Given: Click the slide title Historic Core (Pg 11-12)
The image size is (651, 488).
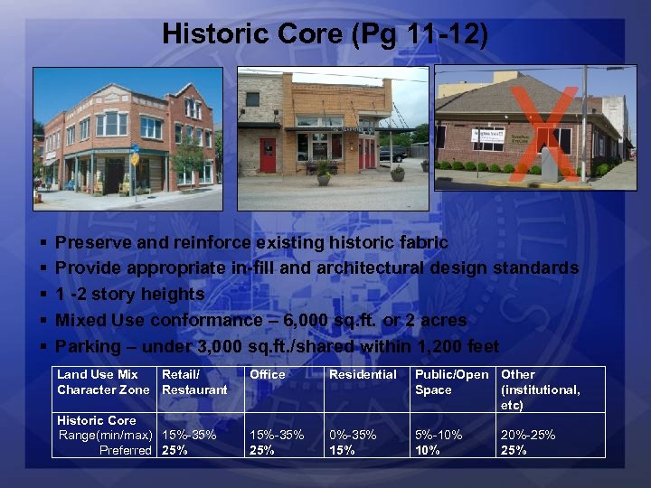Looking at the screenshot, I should pyautogui.click(x=325, y=34).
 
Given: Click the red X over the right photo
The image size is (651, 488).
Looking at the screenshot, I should pyautogui.click(x=543, y=132).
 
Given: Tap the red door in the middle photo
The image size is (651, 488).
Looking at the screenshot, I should pyautogui.click(x=268, y=155).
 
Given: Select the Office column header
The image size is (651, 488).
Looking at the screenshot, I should pyautogui.click(x=268, y=374).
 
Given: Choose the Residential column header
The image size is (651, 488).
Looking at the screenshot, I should pyautogui.click(x=363, y=374).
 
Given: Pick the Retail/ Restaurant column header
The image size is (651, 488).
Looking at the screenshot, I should pyautogui.click(x=194, y=382).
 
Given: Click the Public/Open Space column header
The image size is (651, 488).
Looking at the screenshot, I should pyautogui.click(x=451, y=382).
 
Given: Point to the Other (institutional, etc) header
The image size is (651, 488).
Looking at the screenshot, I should pyautogui.click(x=541, y=389).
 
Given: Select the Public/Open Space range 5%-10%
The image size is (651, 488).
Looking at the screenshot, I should pyautogui.click(x=439, y=435).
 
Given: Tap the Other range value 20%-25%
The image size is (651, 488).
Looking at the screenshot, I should pyautogui.click(x=529, y=435).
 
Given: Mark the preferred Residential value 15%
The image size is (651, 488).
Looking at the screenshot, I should pyautogui.click(x=342, y=450).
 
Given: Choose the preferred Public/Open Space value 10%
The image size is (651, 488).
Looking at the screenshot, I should pyautogui.click(x=428, y=450).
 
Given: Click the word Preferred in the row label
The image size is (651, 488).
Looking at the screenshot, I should pyautogui.click(x=126, y=450).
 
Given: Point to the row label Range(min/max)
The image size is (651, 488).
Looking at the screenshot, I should pyautogui.click(x=104, y=435).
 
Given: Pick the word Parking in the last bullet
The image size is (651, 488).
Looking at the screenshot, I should pyautogui.click(x=88, y=346).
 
